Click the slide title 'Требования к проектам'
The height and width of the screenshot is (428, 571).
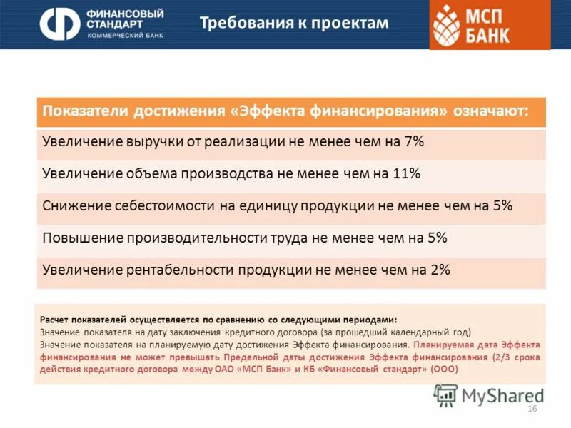(x=293, y=23)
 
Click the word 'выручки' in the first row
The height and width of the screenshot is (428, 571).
(x=150, y=142)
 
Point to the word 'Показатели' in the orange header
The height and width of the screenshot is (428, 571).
(x=81, y=112)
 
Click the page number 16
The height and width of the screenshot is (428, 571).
(x=531, y=408)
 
